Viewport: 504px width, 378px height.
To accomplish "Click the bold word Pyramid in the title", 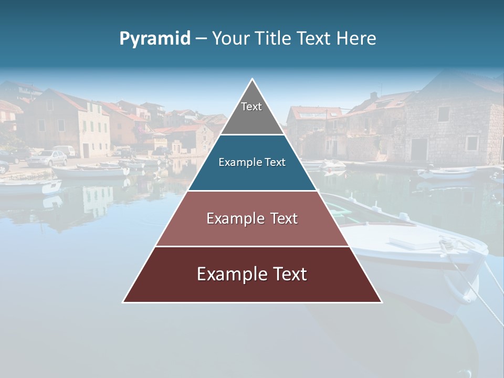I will pos(154,39).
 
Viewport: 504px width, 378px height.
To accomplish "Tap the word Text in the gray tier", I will pos(251,107).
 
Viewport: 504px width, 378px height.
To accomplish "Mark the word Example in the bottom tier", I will pos(227,274).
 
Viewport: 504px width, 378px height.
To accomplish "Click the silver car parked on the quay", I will pos(48,158).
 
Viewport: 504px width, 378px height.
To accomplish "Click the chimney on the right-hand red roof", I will pos(373,97).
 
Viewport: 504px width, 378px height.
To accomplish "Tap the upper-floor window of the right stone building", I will pos(444,114).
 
